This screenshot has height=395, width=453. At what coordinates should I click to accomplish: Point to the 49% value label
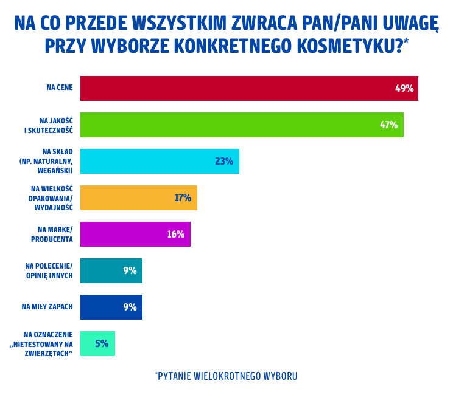point(404,88)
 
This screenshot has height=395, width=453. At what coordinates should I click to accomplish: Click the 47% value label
point(388,125)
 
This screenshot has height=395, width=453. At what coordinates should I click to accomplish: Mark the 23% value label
point(224,161)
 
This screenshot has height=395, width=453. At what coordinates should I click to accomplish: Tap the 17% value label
point(183,197)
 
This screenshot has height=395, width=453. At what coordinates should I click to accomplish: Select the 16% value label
point(176,234)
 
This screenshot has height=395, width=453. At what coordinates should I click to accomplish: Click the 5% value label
point(102,343)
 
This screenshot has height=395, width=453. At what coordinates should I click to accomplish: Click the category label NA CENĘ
point(60,88)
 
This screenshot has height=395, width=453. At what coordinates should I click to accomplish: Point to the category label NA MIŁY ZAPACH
point(47,306)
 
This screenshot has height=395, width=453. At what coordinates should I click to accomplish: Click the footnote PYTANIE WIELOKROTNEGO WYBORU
point(226,376)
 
